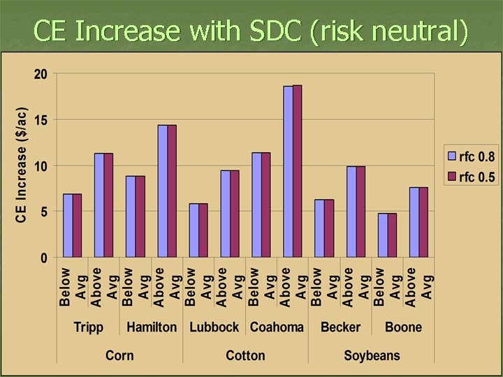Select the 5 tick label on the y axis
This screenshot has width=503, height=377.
(x=43, y=212)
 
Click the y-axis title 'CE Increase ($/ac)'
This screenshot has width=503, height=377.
(x=22, y=165)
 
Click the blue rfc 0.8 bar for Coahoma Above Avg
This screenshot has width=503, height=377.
(x=288, y=172)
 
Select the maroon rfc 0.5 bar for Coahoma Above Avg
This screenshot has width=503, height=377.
(x=298, y=172)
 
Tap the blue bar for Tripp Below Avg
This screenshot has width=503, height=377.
(x=68, y=226)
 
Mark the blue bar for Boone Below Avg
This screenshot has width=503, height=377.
(x=382, y=235)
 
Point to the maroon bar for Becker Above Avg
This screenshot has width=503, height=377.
(x=360, y=212)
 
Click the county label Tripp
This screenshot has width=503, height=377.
(x=89, y=327)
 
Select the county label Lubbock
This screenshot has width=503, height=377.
(x=214, y=327)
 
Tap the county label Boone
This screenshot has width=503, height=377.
(x=403, y=327)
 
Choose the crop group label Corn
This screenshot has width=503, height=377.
(x=120, y=355)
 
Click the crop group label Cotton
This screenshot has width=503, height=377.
(x=245, y=355)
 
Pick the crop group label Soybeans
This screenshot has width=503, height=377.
(x=372, y=355)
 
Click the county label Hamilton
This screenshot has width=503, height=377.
(x=152, y=327)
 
